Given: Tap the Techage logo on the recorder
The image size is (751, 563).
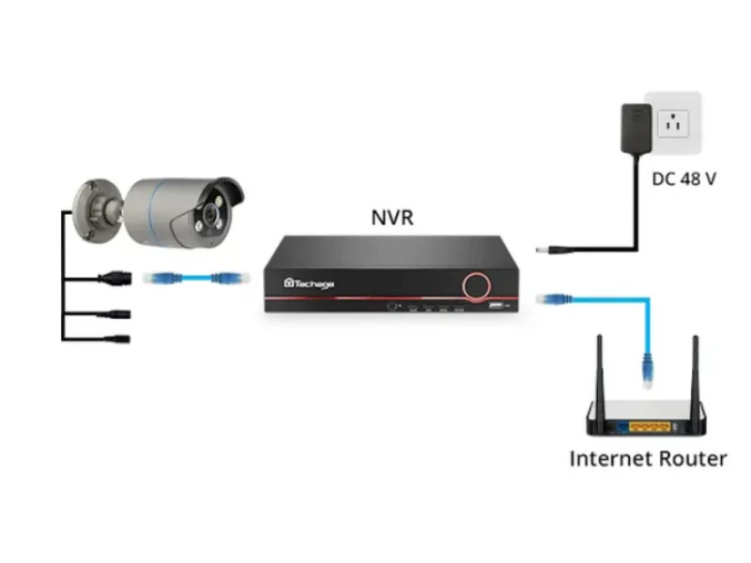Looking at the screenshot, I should coord(309,281).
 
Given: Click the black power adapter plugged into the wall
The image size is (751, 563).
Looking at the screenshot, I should coord(636,129).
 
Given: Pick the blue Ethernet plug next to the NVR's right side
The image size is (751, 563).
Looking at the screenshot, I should coord(549,298).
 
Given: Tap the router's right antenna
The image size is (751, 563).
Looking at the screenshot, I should coord(696,375).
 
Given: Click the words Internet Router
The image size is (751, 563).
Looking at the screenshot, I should coord(648,459).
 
